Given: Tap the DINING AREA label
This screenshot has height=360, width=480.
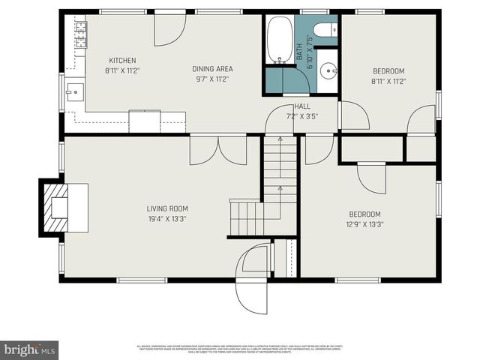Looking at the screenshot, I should tap(213, 69).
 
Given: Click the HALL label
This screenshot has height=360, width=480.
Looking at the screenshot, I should tap(301, 106).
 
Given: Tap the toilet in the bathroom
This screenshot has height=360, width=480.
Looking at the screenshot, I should tap(326, 31).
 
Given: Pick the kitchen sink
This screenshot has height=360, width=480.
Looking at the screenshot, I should tap(73, 93).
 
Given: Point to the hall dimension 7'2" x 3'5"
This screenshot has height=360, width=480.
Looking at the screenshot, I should tap(301, 116).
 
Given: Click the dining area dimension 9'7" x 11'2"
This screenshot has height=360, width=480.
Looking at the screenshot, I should tap(213, 79).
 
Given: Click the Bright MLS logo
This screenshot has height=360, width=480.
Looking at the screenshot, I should tap(29, 349).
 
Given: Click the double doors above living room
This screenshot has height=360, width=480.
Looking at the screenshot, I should tap(217, 150).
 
